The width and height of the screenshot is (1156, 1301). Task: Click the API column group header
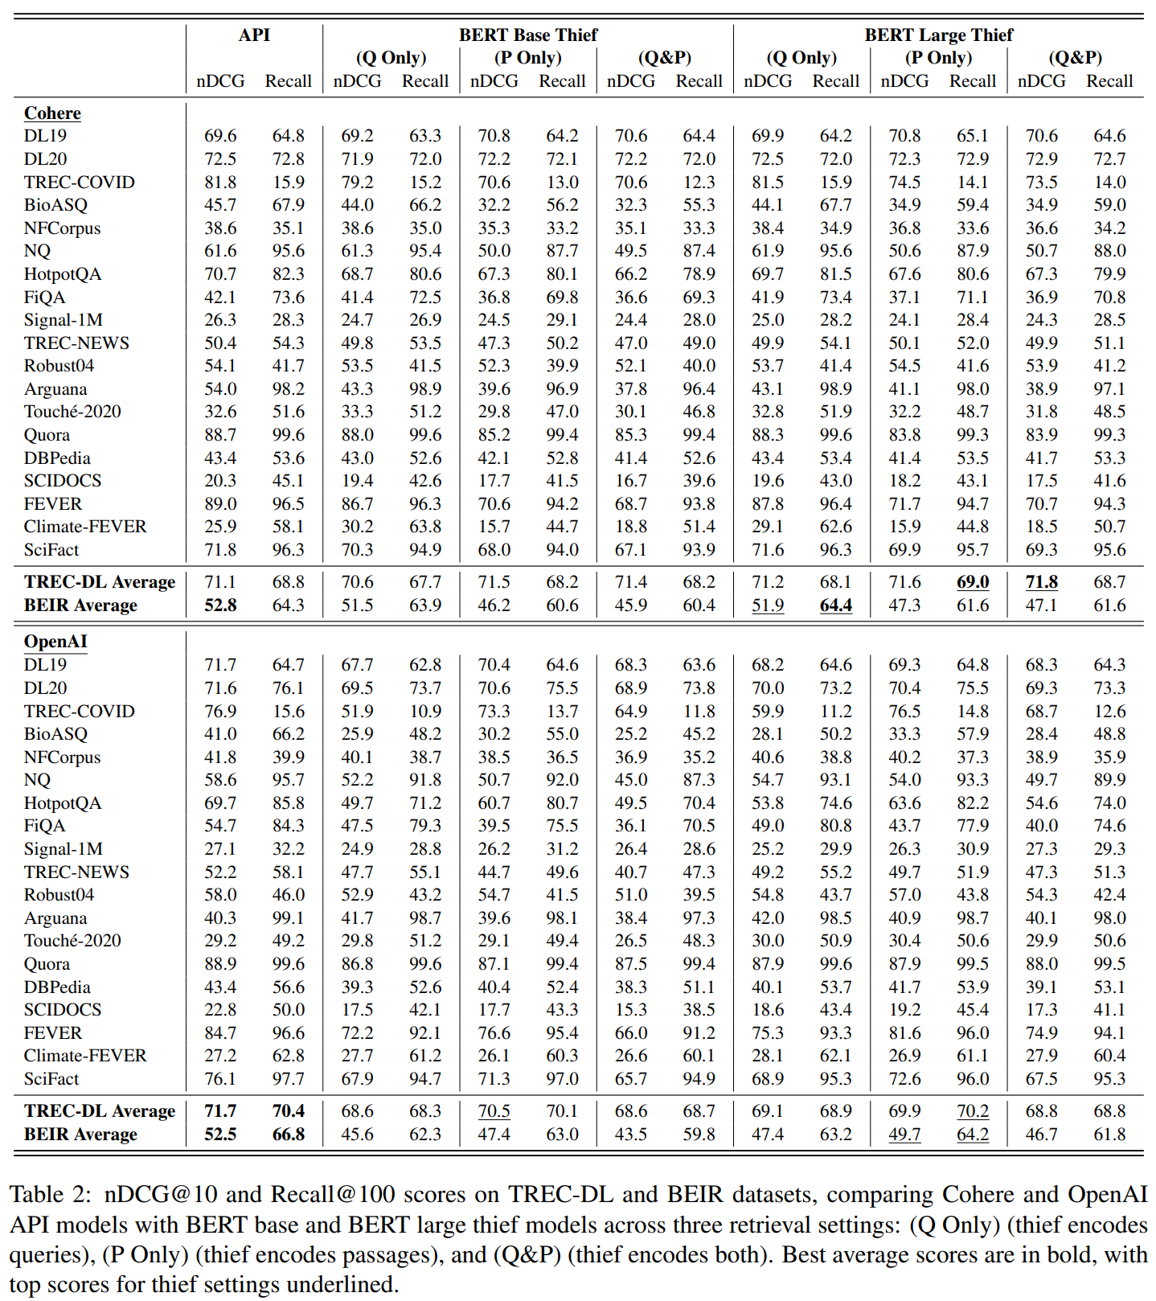click(254, 35)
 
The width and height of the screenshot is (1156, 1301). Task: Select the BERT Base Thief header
click(528, 35)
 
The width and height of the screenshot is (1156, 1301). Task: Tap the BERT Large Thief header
click(938, 35)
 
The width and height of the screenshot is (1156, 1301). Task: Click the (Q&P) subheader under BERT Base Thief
click(665, 58)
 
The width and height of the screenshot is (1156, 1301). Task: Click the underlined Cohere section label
click(52, 113)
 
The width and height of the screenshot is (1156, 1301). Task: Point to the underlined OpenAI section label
click(55, 642)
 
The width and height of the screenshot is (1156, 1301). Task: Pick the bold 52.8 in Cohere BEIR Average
click(220, 605)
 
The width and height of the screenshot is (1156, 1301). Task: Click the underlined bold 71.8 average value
click(1041, 582)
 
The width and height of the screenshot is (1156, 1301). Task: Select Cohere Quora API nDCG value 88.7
click(220, 435)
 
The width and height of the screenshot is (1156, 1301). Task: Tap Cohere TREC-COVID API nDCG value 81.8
click(220, 183)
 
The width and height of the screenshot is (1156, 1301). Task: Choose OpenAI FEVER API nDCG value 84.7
click(220, 1033)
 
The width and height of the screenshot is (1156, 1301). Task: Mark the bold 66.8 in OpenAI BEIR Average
click(289, 1134)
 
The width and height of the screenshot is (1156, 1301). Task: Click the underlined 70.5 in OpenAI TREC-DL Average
click(494, 1111)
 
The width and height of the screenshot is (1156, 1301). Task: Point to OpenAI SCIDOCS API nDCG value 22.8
click(220, 1010)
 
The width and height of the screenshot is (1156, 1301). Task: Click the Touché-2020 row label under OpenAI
click(72, 941)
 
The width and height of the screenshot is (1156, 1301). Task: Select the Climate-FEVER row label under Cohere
click(85, 527)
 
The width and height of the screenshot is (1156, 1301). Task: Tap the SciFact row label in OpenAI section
click(51, 1079)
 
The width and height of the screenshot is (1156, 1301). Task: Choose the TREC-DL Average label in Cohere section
click(100, 582)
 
